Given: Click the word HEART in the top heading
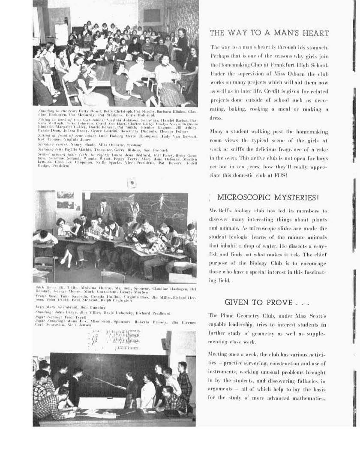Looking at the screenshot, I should tap(314, 33).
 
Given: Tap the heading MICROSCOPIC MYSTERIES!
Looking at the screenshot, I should tap(268, 198).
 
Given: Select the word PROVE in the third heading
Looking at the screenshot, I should tap(274, 303).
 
